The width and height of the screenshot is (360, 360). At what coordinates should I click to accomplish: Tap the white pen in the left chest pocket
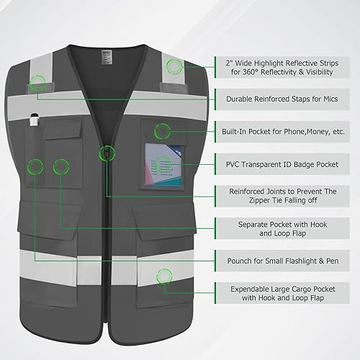pyautogui.click(x=33, y=123)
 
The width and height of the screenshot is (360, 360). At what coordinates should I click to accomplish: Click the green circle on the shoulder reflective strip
pyautogui.click(x=173, y=68)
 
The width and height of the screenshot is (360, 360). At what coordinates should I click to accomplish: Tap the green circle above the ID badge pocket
pyautogui.click(x=163, y=130)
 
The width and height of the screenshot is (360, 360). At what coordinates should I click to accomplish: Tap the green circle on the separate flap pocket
pyautogui.click(x=59, y=166)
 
